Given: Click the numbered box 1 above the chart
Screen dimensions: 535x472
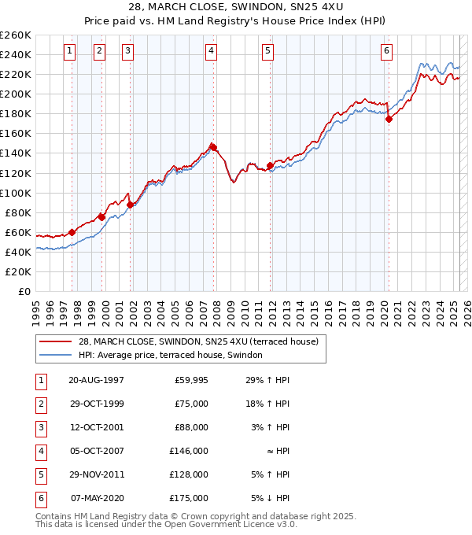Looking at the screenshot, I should [x=70, y=51].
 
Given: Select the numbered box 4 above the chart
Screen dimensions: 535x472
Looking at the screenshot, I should [x=212, y=51].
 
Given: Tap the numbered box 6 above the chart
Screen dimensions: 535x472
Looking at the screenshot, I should [x=386, y=51].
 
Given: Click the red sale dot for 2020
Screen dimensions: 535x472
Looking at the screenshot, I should [x=389, y=119].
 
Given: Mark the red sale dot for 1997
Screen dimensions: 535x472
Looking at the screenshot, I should [x=72, y=232].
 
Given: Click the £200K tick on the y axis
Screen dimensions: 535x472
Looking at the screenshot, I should [x=15, y=94].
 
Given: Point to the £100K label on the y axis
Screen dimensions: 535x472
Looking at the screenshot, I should [x=15, y=193].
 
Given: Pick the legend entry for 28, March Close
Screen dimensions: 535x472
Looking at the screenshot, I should [x=197, y=341].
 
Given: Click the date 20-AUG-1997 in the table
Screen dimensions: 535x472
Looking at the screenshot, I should [x=97, y=380].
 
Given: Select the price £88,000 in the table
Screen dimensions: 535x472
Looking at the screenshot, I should [x=191, y=427].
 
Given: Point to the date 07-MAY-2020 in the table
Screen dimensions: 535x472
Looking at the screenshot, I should [x=97, y=498].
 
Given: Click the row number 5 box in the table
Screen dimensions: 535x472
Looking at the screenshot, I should [x=40, y=474].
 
